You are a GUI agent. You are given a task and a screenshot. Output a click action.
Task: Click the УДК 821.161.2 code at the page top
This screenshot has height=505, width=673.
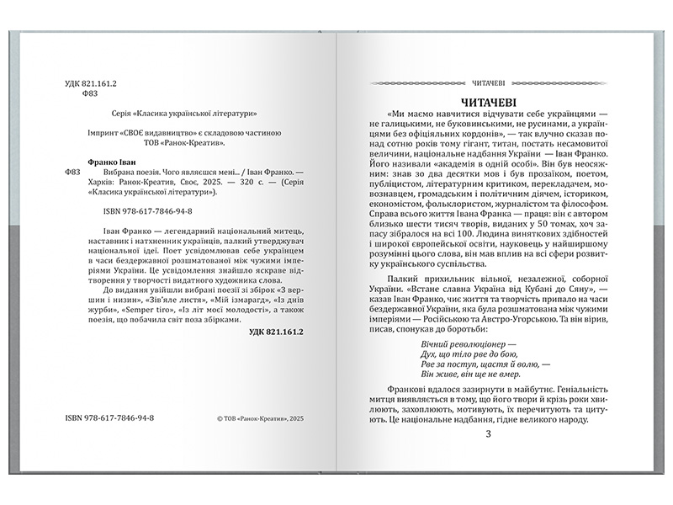point(90,85)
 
